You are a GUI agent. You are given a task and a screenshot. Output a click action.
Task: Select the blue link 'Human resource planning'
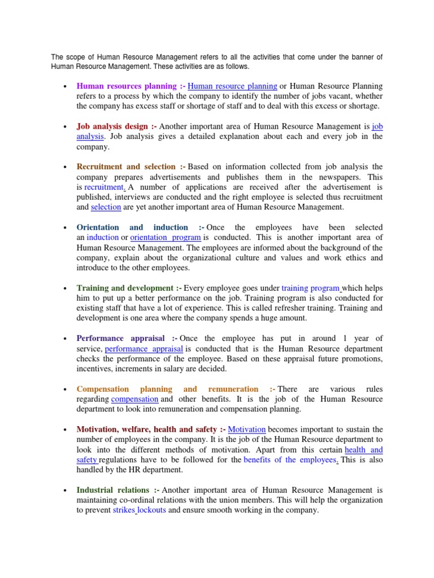coord(232,86)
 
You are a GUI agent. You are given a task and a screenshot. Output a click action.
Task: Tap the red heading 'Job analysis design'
coord(112,127)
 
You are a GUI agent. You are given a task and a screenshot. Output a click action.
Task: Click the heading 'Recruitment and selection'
coord(126,167)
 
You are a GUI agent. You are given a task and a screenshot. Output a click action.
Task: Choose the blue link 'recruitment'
coord(103,187)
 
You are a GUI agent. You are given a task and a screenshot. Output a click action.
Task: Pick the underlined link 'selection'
coord(106,207)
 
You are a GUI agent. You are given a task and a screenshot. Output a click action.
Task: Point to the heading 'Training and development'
coord(125,288)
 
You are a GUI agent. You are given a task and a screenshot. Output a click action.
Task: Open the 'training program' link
coord(310,288)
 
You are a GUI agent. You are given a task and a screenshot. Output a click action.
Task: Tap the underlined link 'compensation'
coord(134,399)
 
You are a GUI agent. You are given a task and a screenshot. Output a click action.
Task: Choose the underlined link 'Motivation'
coord(247,430)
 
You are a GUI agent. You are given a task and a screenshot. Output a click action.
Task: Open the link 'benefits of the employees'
coord(290,460)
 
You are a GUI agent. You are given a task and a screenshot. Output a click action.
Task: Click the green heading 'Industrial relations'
coord(113,491)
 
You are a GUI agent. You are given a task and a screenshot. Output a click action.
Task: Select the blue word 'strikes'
coord(124,510)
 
